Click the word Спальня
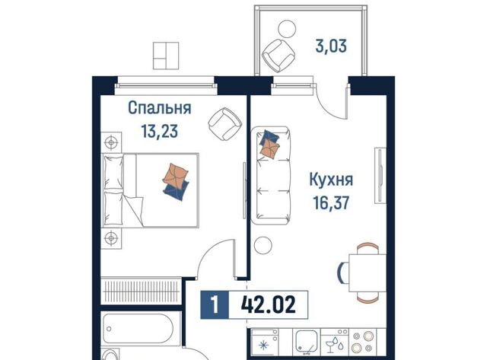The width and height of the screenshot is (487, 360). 160,108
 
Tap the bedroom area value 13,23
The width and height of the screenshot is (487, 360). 160,131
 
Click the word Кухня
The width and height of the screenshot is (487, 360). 331,180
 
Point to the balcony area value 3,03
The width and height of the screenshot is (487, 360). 331,46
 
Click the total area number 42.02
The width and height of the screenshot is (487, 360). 269,304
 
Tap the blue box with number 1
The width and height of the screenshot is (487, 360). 215,304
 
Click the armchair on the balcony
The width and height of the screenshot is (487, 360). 279,56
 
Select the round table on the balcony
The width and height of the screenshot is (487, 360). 287,29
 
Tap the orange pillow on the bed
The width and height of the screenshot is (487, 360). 175,176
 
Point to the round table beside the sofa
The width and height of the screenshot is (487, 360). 263,245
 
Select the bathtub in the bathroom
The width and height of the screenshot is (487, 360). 137,329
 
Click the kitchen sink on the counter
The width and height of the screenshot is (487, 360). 307,342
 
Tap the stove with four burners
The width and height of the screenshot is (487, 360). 364,342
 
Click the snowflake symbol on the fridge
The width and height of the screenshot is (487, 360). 264,345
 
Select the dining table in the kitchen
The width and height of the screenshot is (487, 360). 367,273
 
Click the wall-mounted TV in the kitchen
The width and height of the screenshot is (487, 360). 380,176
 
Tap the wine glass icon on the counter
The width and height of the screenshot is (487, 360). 329,346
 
